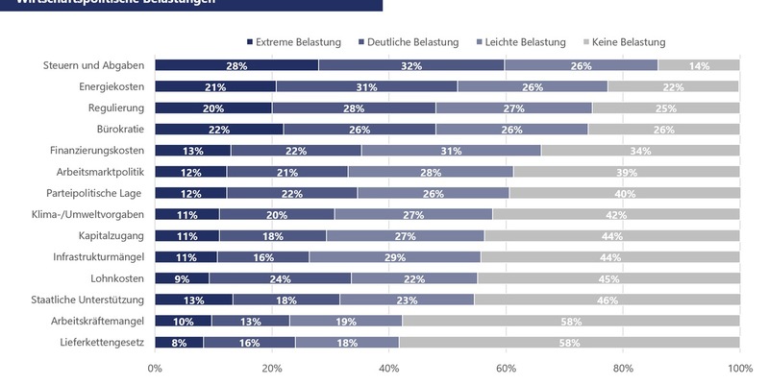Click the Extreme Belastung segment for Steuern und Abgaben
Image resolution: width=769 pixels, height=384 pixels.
click(236, 65)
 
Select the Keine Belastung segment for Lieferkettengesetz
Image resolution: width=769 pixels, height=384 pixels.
click(569, 342)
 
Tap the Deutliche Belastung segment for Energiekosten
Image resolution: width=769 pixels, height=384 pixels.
click(366, 86)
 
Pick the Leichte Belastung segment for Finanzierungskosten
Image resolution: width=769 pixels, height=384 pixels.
click(452, 151)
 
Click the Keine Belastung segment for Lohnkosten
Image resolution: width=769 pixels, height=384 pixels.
click(608, 278)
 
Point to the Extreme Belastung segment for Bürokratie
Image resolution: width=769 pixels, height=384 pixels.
click(219, 130)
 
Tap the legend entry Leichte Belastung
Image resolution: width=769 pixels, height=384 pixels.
click(522, 42)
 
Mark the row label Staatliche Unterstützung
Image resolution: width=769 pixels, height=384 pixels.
click(88, 300)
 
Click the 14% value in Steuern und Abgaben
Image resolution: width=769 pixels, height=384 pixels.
click(699, 65)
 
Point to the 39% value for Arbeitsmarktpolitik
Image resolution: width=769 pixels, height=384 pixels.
click(626, 172)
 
